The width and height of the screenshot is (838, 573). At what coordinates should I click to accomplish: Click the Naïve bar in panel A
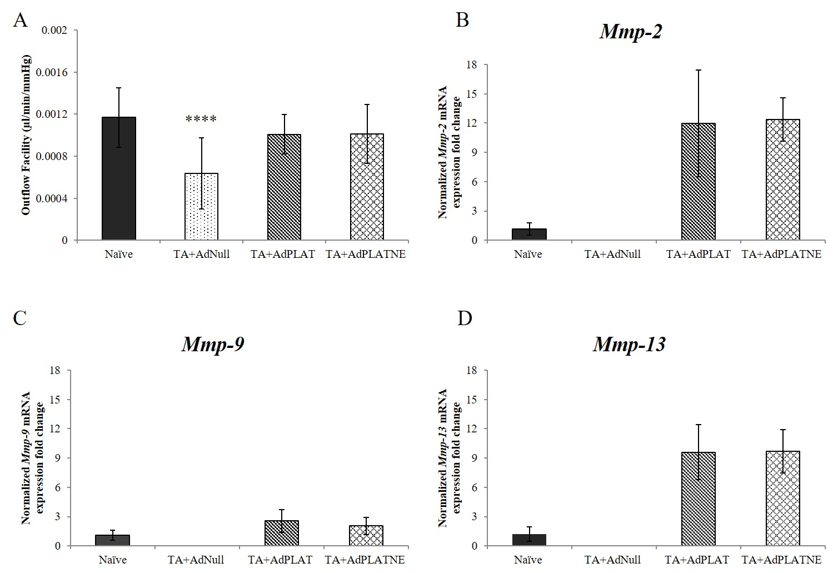point(119,179)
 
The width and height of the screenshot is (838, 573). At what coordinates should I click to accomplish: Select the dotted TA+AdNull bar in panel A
point(201,207)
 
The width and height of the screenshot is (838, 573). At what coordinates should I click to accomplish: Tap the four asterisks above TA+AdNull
point(201,119)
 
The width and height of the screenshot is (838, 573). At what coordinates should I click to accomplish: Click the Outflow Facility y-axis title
point(26,135)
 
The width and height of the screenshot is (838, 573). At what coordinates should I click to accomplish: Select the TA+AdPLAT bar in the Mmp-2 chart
point(699,182)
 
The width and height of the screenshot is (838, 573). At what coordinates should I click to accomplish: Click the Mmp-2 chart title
point(631,32)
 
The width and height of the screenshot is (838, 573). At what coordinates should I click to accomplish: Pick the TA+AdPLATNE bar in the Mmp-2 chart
point(782,180)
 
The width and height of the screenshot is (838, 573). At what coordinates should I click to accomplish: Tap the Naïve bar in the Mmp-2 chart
point(528,235)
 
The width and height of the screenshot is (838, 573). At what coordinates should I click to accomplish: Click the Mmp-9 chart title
point(213,345)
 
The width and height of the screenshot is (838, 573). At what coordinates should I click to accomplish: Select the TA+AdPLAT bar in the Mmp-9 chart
point(282,534)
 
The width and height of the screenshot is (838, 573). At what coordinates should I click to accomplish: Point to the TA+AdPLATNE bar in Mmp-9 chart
point(366,536)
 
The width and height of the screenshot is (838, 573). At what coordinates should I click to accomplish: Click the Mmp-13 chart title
point(629,345)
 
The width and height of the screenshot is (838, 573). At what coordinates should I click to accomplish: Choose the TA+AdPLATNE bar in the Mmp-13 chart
point(782,499)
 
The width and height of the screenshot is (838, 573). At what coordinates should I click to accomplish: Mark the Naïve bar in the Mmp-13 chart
point(528,540)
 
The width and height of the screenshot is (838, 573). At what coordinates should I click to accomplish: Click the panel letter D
point(464,318)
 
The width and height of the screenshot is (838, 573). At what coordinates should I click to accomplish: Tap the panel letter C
point(19,318)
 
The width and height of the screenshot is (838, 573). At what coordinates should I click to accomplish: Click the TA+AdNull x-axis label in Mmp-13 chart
point(613,560)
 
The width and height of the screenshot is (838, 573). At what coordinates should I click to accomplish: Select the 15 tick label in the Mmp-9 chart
point(54,400)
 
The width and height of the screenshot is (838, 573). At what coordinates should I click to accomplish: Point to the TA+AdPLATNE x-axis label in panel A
point(366,255)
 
